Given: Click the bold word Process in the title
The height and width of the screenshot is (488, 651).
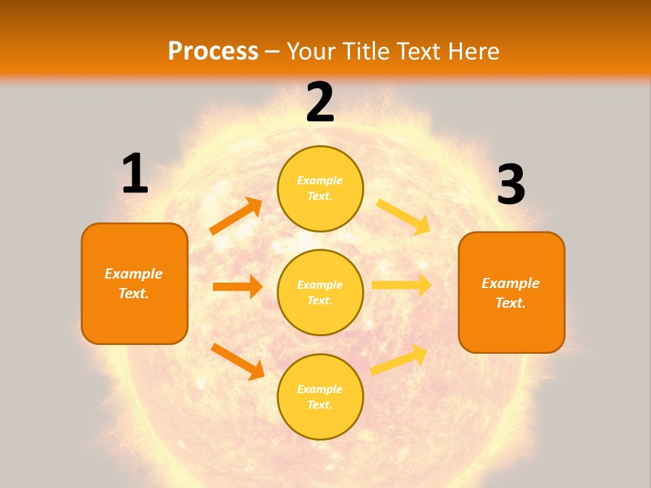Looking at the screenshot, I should tap(213, 52).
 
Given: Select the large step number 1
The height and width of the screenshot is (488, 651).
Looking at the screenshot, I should tap(135, 174).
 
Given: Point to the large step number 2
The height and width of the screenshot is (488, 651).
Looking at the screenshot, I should tap(320, 102).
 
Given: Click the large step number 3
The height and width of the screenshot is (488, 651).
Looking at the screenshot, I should tap(511, 185).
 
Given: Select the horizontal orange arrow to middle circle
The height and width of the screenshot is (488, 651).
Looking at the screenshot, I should tap(237, 287).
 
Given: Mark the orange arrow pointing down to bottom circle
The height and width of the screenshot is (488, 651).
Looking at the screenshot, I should tap(237, 361).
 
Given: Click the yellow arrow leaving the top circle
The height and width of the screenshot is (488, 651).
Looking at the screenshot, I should tap(403, 216).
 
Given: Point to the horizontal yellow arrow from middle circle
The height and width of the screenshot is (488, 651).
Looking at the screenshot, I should tap(401, 285).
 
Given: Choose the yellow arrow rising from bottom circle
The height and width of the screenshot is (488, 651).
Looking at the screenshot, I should tap(399, 359).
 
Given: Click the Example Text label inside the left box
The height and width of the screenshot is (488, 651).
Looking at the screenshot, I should tap(134, 283).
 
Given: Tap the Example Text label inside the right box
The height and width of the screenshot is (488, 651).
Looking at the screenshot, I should tap(511, 293).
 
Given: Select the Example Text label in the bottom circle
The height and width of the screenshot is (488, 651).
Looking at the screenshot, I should tap(320, 396).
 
